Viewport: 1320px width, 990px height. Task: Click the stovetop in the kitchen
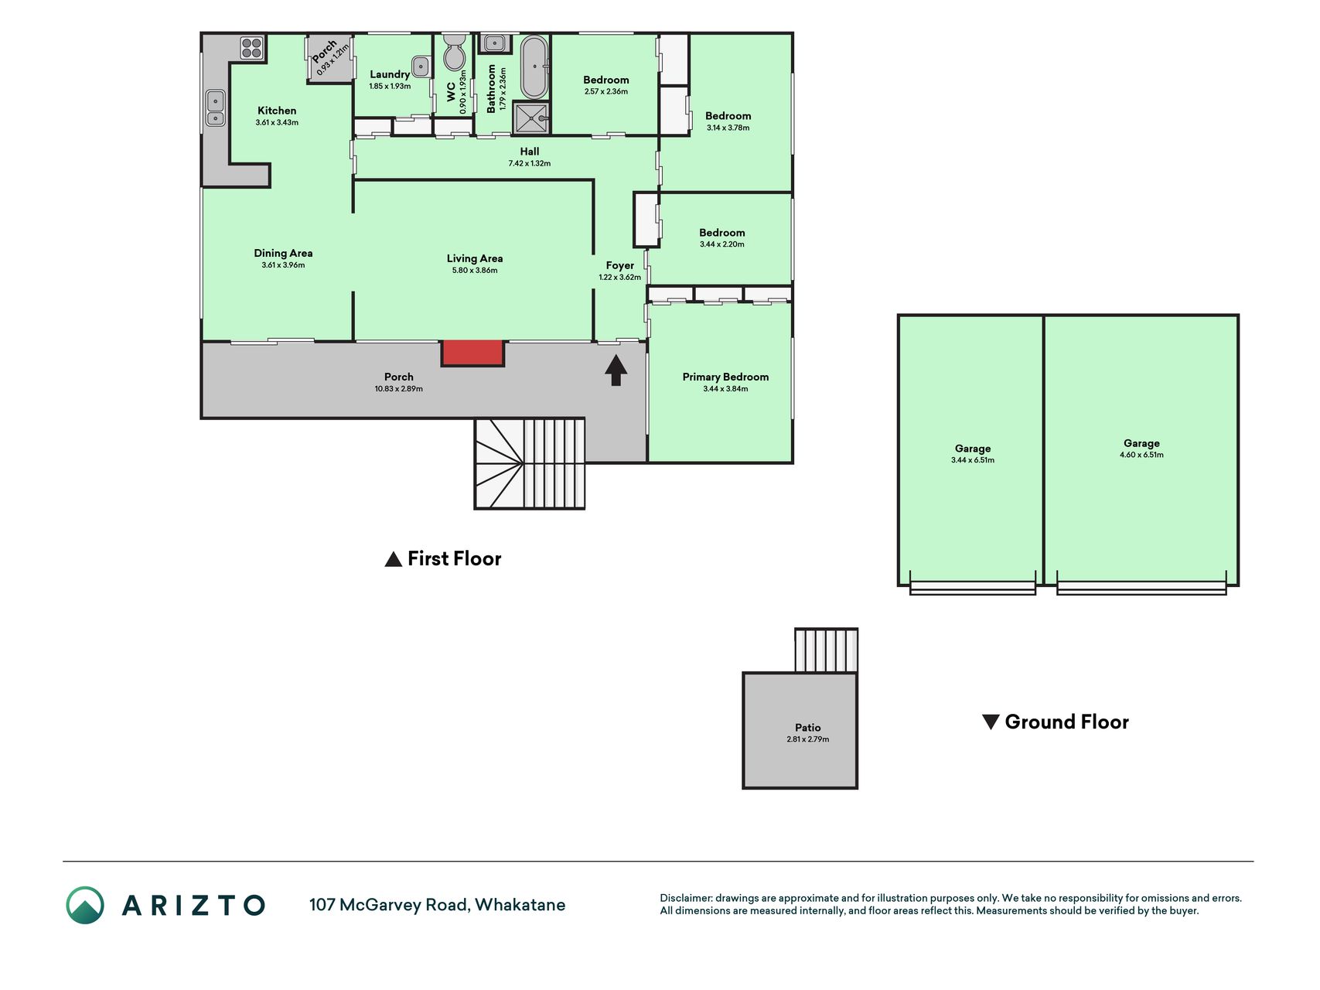coord(252,48)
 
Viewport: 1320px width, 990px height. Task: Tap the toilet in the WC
coord(455,53)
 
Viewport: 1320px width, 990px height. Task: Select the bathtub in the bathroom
coord(534,67)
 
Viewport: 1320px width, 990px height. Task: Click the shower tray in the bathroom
coord(531,118)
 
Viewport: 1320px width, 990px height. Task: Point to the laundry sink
coord(421,67)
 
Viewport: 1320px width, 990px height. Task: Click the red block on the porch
coord(472,353)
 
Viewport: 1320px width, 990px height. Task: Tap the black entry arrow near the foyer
coord(616,370)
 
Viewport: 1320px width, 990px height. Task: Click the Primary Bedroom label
coord(725,377)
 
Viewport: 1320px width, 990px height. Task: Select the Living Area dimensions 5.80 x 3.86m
coord(475,271)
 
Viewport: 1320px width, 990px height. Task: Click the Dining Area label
coord(283,253)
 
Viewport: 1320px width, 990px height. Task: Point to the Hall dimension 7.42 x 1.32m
coord(530,164)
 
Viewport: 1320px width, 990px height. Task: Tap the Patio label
coord(808,728)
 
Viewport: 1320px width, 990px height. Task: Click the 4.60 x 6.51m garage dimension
coord(1141,455)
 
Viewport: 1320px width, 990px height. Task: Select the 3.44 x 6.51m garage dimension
coord(973,460)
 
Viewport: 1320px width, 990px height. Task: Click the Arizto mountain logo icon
coord(85,905)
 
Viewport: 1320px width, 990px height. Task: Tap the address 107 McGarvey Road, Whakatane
coord(437,905)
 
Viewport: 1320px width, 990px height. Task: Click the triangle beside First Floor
coord(393,559)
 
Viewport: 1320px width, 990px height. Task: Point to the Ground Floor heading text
coord(1066,722)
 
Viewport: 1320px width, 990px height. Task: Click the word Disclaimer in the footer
coord(685,898)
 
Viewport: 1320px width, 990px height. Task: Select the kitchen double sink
coord(215,108)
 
